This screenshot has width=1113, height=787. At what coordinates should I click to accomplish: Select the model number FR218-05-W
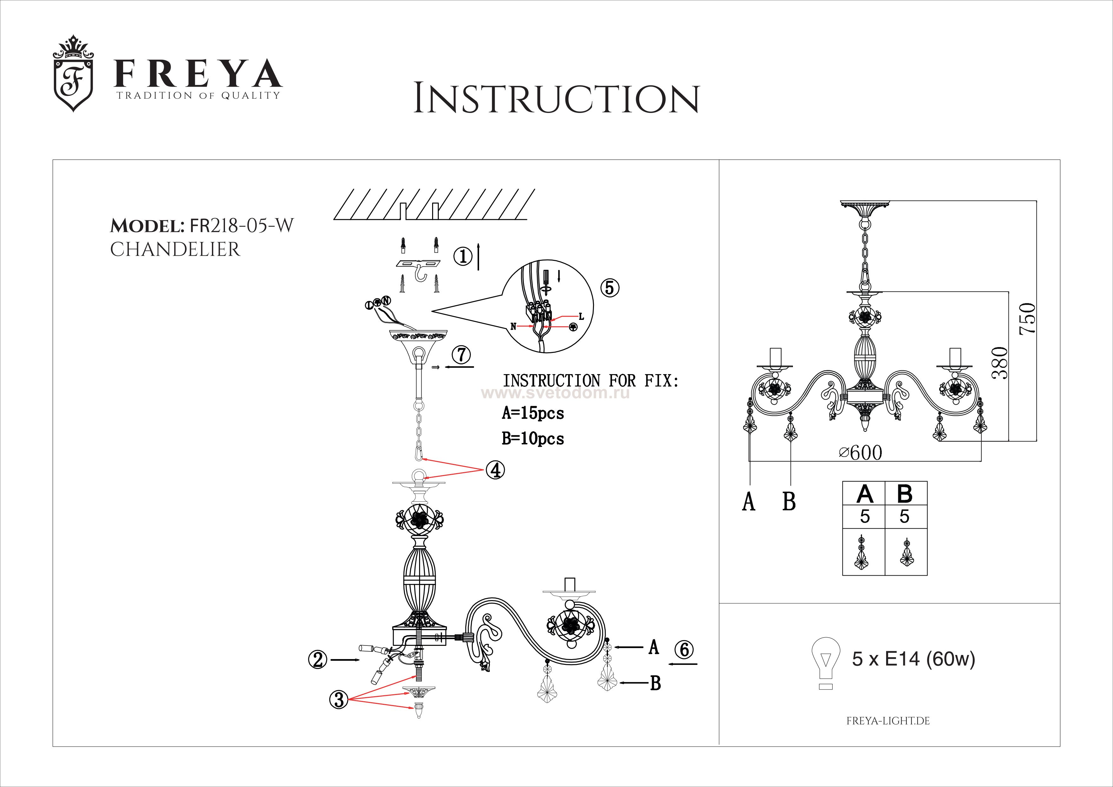click(241, 226)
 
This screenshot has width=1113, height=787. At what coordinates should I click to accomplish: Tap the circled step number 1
click(463, 256)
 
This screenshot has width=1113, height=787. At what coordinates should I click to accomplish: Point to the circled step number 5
click(609, 288)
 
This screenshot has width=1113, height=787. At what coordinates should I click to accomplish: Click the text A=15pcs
click(533, 413)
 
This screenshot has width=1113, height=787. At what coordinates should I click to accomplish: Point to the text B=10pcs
click(533, 439)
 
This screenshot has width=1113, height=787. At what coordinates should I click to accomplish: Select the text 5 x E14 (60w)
click(913, 659)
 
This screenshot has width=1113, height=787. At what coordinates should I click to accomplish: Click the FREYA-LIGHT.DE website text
click(888, 721)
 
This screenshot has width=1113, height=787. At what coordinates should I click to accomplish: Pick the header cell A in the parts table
click(864, 494)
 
